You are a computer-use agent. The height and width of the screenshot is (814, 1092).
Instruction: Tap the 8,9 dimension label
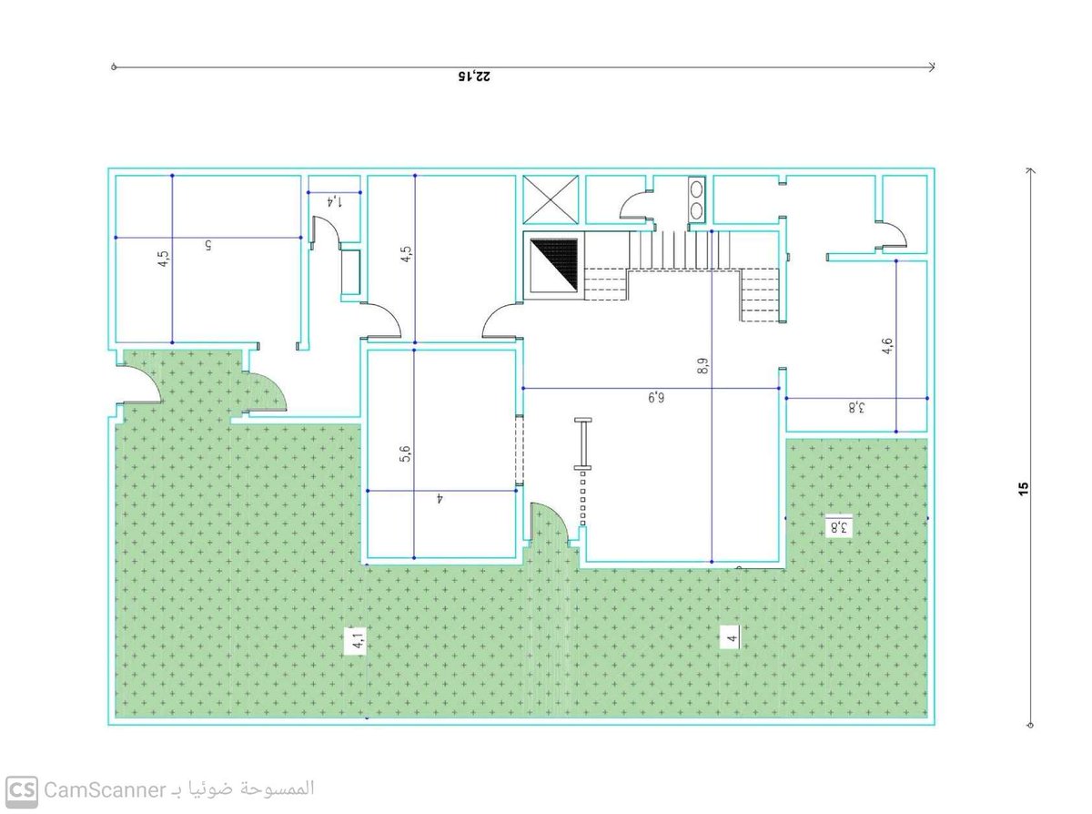click(x=703, y=365)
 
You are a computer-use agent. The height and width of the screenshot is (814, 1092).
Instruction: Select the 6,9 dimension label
click(x=655, y=397)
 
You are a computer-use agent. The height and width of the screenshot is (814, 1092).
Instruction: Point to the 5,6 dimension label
click(x=406, y=453)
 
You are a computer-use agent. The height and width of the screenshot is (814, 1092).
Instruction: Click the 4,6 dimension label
click(x=886, y=346)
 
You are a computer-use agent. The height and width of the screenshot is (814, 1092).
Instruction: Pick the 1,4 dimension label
click(x=334, y=200)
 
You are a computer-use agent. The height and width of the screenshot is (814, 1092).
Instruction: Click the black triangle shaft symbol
click(x=553, y=264)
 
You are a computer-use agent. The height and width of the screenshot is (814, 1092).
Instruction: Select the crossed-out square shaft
click(x=551, y=199)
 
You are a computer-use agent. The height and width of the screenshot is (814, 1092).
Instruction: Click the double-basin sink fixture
click(x=696, y=199)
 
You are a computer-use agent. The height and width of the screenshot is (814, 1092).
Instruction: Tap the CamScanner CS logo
click(x=22, y=792)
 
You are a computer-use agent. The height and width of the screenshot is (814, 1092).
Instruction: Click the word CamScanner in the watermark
click(x=105, y=791)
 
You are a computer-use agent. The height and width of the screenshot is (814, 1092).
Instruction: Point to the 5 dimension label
click(x=207, y=245)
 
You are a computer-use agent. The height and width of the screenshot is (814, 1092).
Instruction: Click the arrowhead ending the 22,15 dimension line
click(x=931, y=66)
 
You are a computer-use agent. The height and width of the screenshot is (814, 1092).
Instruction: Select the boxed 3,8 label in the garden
click(x=838, y=526)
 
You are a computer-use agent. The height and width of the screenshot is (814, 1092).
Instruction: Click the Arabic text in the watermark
click(x=243, y=789)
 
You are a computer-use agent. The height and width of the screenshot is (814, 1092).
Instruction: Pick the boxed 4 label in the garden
click(x=732, y=637)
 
